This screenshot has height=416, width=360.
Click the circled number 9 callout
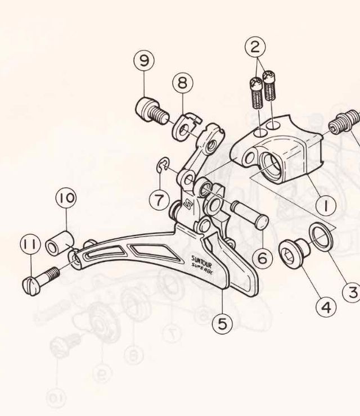(x=144, y=61)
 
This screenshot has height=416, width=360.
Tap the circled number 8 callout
(x=183, y=83)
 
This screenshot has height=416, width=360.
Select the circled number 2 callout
(x=255, y=47)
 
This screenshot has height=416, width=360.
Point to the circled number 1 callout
(x=326, y=205)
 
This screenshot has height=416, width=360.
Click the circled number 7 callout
(x=159, y=200)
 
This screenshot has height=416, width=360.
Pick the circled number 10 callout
(x=66, y=198)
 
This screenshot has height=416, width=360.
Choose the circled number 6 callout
(x=262, y=258)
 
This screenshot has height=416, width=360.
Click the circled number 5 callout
(x=222, y=323)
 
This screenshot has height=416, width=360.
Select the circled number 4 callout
(x=326, y=308)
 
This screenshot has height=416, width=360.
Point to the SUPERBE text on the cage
(x=202, y=269)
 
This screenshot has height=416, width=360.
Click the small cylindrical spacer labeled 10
(x=59, y=244)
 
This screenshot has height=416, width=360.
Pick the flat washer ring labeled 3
(x=320, y=237)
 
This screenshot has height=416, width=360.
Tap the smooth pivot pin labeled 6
(x=250, y=214)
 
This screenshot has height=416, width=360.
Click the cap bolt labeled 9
(x=151, y=111)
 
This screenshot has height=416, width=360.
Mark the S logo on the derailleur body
(x=188, y=205)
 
